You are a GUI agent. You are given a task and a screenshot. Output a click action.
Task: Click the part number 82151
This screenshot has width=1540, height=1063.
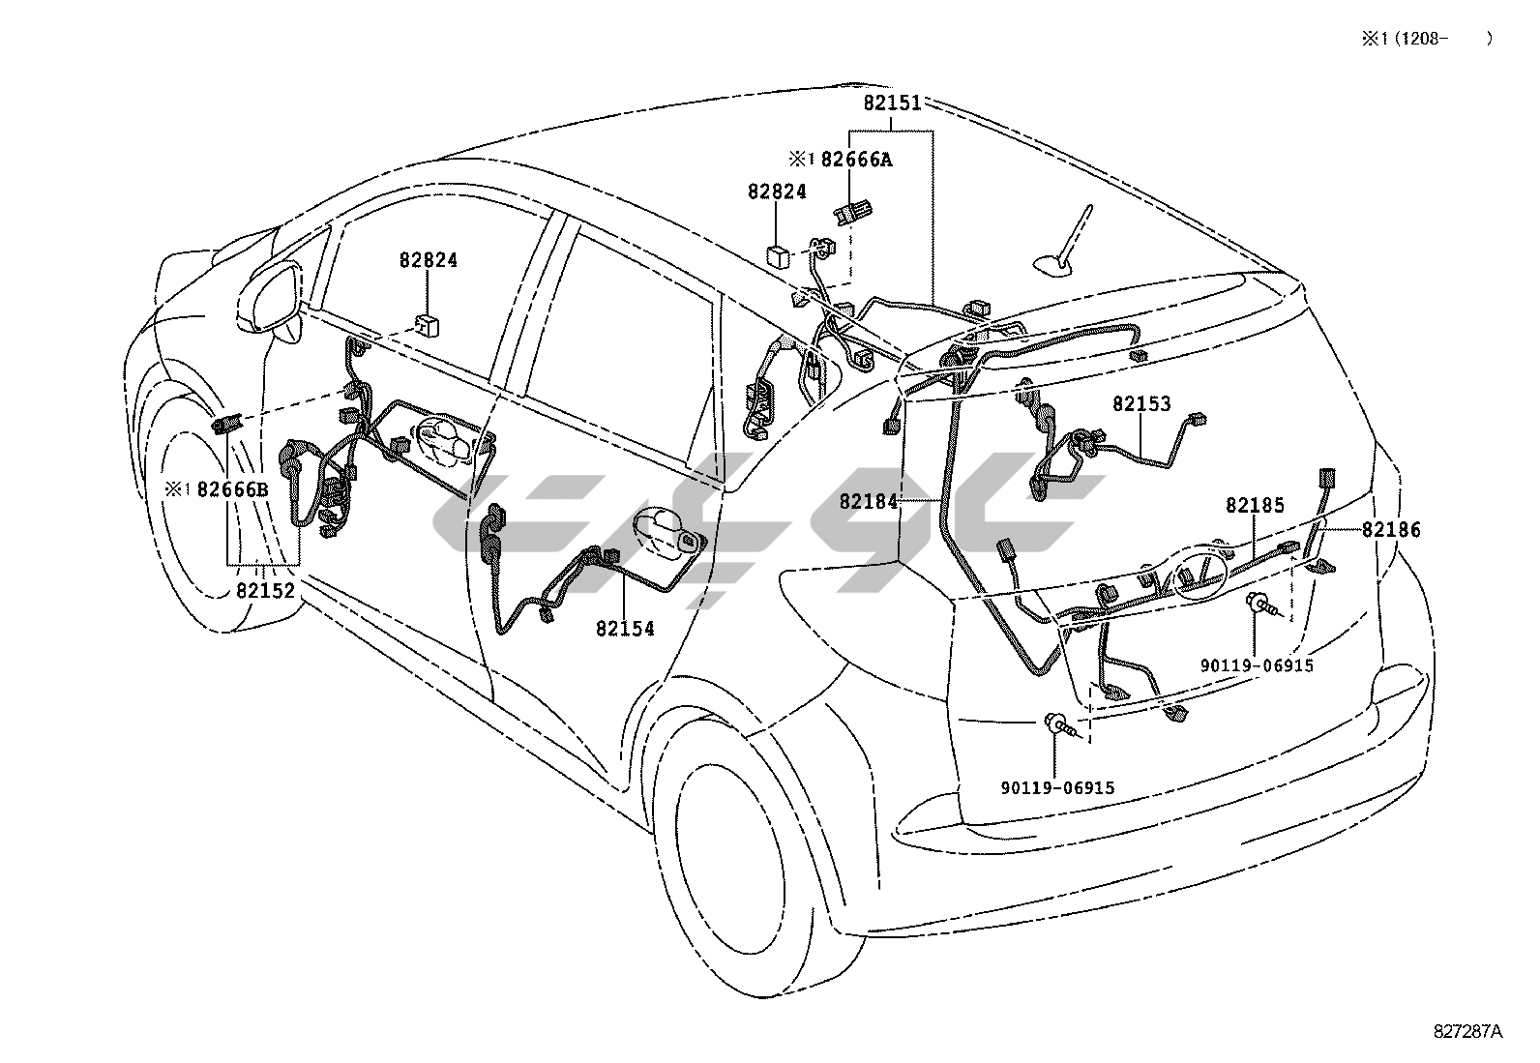tap(892, 103)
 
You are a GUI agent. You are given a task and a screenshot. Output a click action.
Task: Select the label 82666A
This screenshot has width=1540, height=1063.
tap(856, 160)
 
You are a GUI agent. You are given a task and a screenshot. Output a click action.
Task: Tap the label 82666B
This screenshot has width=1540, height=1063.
tap(232, 489)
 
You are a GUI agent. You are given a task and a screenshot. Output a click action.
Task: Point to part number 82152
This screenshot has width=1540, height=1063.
tap(265, 590)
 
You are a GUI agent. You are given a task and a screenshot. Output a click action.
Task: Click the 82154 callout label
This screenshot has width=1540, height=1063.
tap(625, 629)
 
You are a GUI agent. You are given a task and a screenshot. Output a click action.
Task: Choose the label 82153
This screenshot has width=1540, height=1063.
tap(1141, 404)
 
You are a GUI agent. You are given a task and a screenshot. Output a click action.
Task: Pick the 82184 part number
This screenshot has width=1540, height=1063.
tap(869, 501)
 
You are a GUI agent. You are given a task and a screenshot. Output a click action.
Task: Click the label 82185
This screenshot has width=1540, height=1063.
tap(1256, 505)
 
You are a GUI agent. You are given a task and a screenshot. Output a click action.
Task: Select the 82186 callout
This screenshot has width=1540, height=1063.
tap(1392, 529)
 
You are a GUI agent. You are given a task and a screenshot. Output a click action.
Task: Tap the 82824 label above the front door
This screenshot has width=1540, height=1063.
tap(429, 260)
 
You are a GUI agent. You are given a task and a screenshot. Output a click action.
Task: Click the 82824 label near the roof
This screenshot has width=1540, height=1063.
tap(777, 192)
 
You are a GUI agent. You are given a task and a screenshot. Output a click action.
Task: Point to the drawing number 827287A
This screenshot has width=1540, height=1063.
tap(1468, 1031)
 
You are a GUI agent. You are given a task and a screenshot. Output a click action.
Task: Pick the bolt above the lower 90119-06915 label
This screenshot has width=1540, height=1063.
tap(1057, 723)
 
